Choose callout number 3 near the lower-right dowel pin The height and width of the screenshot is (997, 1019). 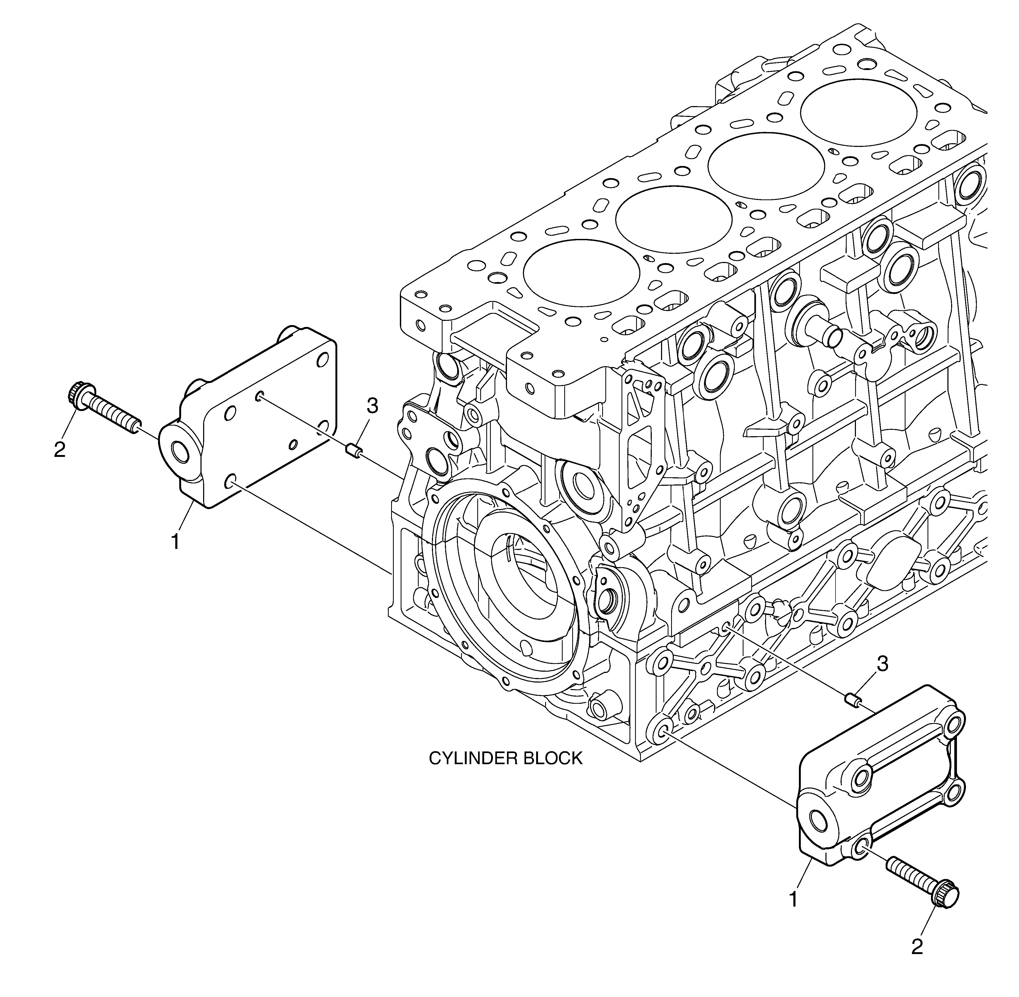point(882,664)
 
